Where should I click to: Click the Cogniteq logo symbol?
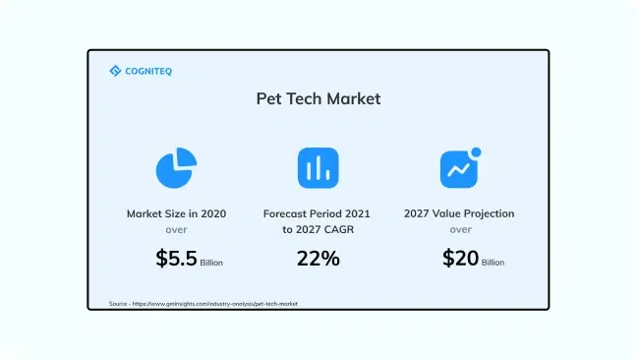click(x=114, y=71)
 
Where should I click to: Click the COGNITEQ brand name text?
click(x=139, y=71)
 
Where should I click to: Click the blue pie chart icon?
click(x=175, y=168)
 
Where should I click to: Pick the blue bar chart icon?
click(x=318, y=168)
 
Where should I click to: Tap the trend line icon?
click(x=458, y=170)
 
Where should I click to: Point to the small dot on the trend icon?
click(x=477, y=152)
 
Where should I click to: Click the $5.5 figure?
click(x=176, y=259)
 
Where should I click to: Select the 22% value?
click(x=318, y=259)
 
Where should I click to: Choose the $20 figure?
click(x=460, y=259)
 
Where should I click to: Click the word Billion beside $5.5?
click(x=211, y=264)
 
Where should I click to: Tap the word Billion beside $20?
click(x=493, y=264)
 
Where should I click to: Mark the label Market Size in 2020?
click(x=175, y=213)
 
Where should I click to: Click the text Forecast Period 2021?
click(x=318, y=213)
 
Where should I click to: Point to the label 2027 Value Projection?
click(x=459, y=213)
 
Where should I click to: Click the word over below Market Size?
click(x=175, y=229)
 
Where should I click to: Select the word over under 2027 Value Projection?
click(x=459, y=229)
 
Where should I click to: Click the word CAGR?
click(x=354, y=229)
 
